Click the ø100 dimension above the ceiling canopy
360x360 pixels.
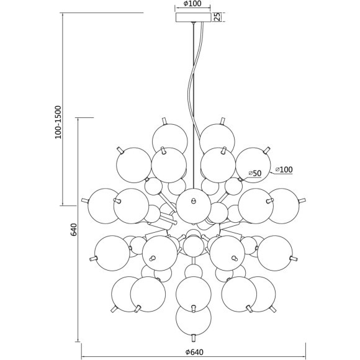(192, 4)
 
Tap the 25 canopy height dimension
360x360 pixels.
(217, 17)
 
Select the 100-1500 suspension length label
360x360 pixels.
(58, 122)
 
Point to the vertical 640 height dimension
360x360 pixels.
(73, 229)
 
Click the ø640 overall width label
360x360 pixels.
(194, 352)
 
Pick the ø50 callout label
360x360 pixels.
(255, 173)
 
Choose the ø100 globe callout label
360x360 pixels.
(284, 169)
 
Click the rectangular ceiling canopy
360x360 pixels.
(193, 17)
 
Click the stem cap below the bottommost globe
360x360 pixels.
(194, 338)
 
